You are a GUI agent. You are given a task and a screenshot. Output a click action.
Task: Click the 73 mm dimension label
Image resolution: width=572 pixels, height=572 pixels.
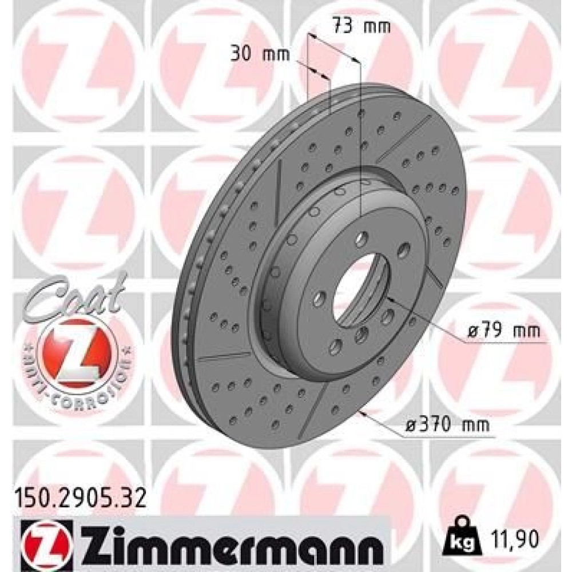(361, 27)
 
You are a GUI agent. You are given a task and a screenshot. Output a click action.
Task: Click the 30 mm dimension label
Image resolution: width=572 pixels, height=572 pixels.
(260, 54)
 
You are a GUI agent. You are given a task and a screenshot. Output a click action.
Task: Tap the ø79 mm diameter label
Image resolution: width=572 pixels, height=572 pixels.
(503, 331)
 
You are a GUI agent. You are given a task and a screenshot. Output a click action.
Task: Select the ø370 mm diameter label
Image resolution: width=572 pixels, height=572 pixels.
(447, 424)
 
